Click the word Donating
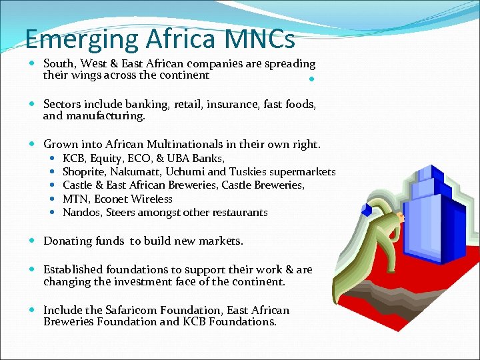(66, 241)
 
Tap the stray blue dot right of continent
(312, 81)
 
